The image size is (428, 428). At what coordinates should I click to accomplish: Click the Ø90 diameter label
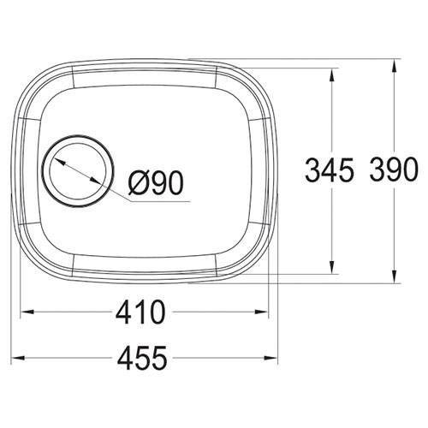(157, 181)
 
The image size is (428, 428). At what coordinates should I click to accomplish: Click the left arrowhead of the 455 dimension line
(21, 354)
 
